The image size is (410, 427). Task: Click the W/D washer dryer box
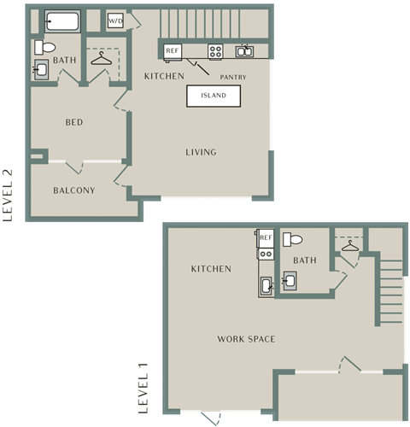click(x=115, y=20)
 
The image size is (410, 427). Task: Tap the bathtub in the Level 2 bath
click(x=62, y=21)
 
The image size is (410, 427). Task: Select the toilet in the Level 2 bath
click(x=45, y=47)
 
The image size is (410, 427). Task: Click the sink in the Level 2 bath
click(x=41, y=69)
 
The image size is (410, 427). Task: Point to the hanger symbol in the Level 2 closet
click(x=102, y=59)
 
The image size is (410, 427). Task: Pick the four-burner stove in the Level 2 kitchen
click(x=215, y=51)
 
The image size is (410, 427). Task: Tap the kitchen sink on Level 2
click(x=244, y=51)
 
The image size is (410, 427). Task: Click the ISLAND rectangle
click(x=214, y=96)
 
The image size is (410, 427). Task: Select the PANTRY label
click(x=233, y=77)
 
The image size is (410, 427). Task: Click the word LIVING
click(x=201, y=152)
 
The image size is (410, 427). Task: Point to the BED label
click(x=74, y=122)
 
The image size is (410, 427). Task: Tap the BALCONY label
click(x=74, y=190)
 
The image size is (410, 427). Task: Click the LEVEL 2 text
click(x=8, y=196)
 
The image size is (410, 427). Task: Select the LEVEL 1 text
click(x=143, y=389)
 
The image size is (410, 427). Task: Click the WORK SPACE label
click(x=246, y=339)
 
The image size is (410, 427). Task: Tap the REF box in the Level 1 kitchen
click(x=266, y=238)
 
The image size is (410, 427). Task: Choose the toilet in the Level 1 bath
click(x=293, y=240)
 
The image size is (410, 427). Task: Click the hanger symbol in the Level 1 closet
click(x=350, y=246)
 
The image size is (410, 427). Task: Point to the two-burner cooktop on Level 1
click(x=266, y=254)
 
